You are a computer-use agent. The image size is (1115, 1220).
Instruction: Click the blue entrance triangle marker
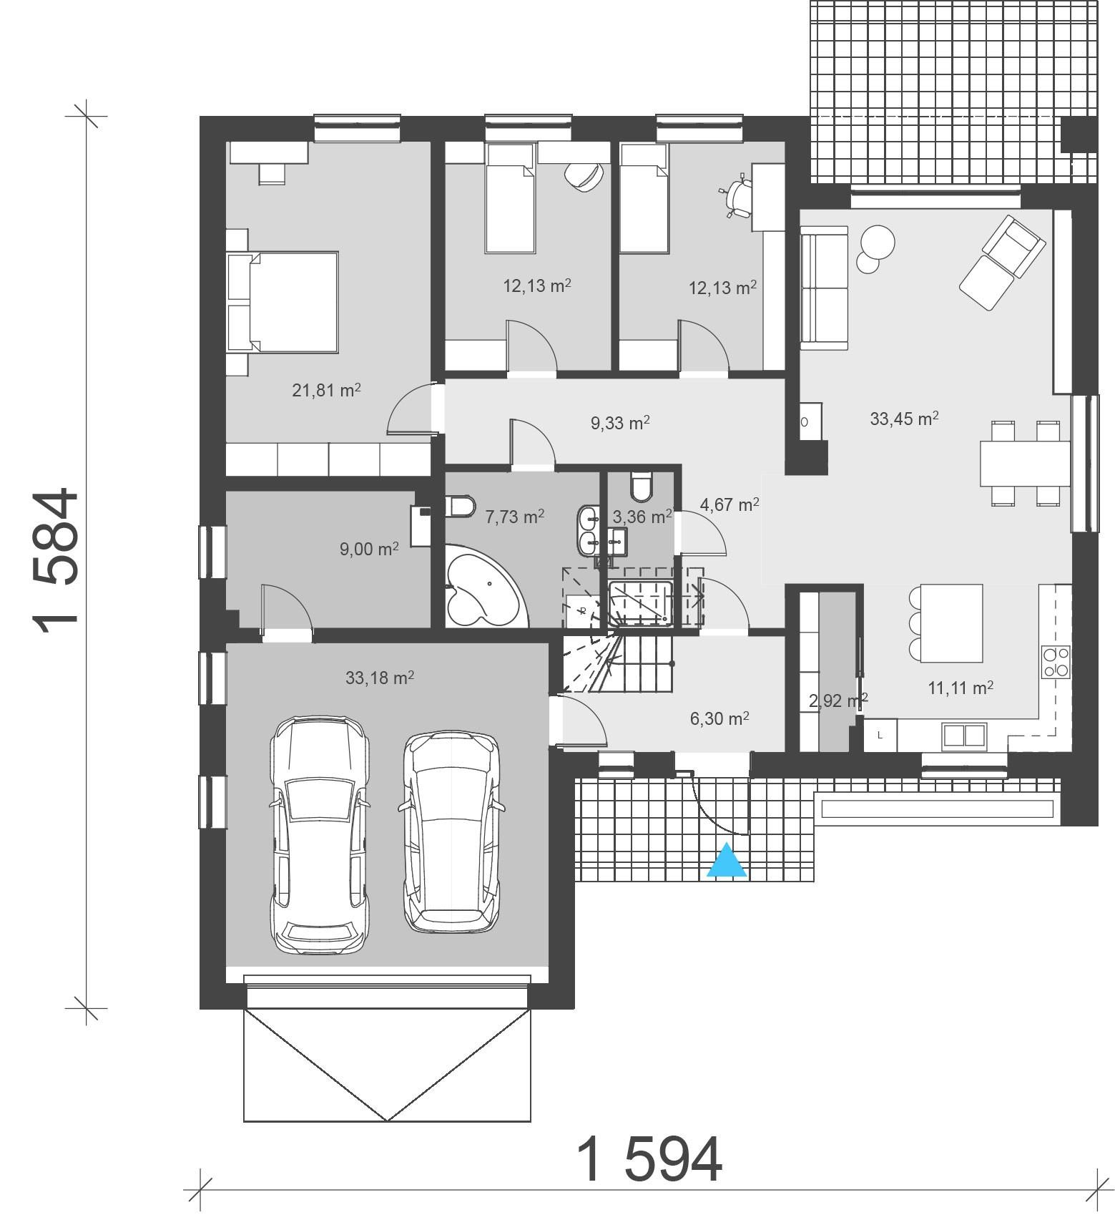727,862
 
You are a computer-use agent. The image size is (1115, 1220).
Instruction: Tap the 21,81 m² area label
325,391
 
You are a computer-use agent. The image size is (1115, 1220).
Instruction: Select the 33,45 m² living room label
904,419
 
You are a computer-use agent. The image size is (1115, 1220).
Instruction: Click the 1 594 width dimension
649,1161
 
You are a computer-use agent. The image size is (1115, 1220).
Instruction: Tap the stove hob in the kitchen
1056,661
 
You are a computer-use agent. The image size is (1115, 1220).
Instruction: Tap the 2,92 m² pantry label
838,701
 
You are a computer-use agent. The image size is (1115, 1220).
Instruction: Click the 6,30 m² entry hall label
719,718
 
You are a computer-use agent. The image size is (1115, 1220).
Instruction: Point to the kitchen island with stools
950,623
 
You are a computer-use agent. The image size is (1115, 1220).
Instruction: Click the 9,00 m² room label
369,550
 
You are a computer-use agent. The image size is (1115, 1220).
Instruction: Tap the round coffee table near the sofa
876,243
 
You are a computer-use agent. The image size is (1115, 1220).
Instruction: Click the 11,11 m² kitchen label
960,688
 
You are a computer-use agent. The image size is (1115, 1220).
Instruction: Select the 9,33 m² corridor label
619,423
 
